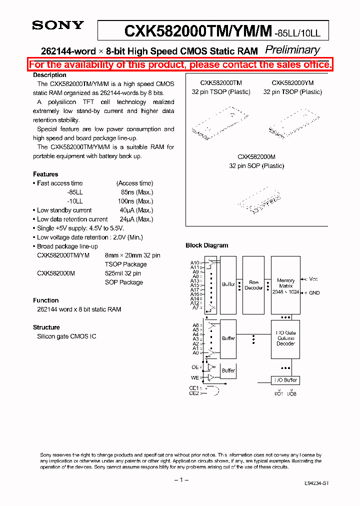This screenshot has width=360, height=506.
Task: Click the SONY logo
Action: [58, 25]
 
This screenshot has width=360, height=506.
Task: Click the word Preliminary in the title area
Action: [292, 49]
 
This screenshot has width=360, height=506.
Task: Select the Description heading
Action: [49, 75]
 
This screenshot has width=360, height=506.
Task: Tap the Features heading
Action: [45, 174]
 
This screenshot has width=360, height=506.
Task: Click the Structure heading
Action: [46, 327]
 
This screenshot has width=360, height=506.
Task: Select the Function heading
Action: [46, 300]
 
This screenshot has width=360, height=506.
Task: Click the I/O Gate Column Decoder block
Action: [285, 338]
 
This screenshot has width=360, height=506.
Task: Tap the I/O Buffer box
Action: [285, 380]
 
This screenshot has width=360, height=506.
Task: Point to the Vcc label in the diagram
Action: [313, 279]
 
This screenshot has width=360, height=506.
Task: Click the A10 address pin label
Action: [194, 262]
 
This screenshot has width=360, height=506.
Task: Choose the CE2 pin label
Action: [193, 393]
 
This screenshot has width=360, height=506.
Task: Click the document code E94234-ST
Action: [316, 483]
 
